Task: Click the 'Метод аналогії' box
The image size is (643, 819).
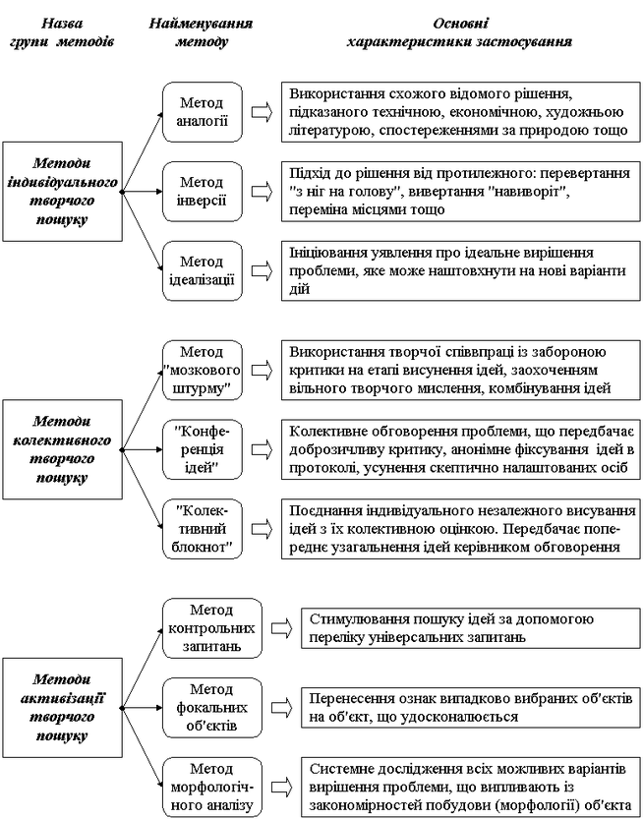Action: coord(203,112)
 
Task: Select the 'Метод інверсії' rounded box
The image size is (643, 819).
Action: coord(203,192)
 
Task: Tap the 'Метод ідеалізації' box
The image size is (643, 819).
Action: coord(203,270)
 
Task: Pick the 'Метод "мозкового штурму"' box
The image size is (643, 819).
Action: coord(203,371)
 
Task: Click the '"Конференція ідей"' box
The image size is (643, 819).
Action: coord(203,449)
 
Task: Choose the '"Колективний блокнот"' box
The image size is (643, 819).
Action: coord(203,529)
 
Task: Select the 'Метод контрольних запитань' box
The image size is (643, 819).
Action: coord(212,628)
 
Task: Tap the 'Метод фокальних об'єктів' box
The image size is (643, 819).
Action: coord(212,708)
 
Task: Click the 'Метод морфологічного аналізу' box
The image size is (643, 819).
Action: coord(212,788)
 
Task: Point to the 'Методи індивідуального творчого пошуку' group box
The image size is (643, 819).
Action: coord(63,191)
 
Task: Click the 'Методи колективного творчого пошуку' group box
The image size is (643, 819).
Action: coord(63,449)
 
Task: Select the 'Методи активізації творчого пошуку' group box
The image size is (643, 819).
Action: coord(63,707)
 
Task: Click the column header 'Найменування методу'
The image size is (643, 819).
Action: coord(202,32)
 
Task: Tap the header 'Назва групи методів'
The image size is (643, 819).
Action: coord(62,32)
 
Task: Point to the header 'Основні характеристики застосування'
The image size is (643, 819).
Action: coord(460,32)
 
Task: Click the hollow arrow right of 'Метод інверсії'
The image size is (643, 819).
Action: coord(263,192)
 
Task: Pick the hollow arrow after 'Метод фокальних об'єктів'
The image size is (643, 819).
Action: coord(281,708)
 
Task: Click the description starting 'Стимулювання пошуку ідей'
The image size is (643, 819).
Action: coord(471,628)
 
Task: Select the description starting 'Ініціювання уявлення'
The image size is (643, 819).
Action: coord(461,270)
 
